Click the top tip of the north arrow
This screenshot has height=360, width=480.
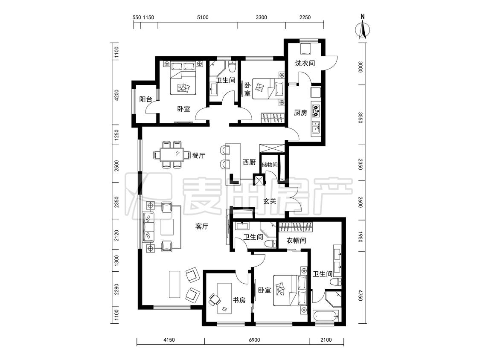(x=363, y=20)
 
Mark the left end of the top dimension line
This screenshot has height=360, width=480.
(x=134, y=22)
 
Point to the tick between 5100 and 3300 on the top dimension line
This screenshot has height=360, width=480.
(x=238, y=22)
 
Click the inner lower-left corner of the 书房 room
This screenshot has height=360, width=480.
(x=207, y=322)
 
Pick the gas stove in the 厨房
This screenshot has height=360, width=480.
(x=316, y=110)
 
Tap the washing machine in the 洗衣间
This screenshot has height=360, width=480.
(x=305, y=48)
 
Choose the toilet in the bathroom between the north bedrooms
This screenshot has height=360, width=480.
(x=233, y=67)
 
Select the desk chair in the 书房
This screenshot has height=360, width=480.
(x=214, y=299)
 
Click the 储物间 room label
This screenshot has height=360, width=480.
(x=269, y=165)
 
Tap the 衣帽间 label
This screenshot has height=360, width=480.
(x=296, y=241)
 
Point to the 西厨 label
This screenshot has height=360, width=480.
(x=249, y=162)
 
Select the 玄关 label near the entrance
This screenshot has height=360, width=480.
(x=270, y=201)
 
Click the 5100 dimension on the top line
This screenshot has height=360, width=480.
(x=203, y=17)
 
